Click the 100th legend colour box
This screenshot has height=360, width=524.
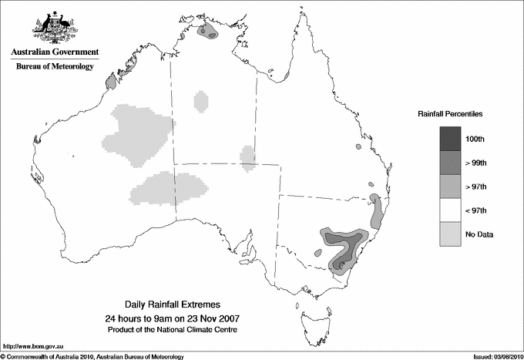450,138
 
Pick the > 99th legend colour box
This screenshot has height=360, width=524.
450,162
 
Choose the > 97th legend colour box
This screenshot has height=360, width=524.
450,186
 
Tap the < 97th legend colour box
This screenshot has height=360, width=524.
450,210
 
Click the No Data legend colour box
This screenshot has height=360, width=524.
450,234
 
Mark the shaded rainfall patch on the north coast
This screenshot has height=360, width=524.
209,32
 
